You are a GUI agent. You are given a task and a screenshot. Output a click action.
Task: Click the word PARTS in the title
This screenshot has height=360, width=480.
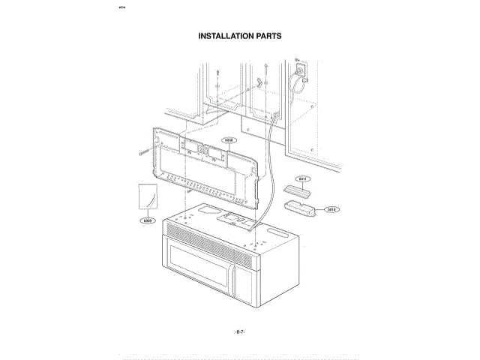pos(268,35)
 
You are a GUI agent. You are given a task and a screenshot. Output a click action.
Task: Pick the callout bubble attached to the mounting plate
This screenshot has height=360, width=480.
pos(229,139)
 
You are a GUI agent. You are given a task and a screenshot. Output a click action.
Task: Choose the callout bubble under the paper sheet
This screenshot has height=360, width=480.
pos(148,221)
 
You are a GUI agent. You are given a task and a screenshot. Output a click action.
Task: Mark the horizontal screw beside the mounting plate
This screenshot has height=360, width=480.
pos(144,152)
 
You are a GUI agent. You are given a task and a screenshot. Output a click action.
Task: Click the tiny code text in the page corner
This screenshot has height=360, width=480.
pos(124,9)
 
